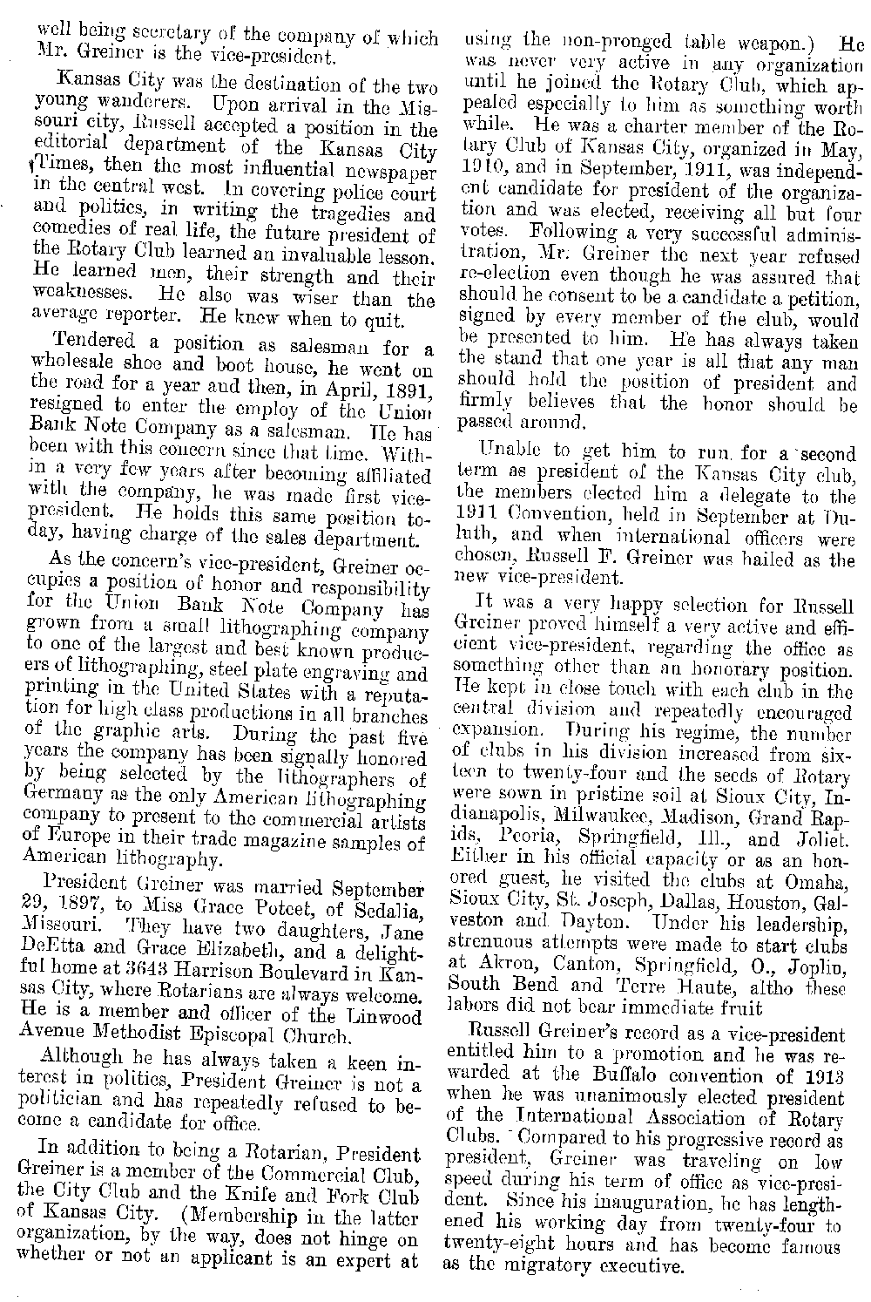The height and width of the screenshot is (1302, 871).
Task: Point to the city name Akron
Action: click(495, 966)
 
